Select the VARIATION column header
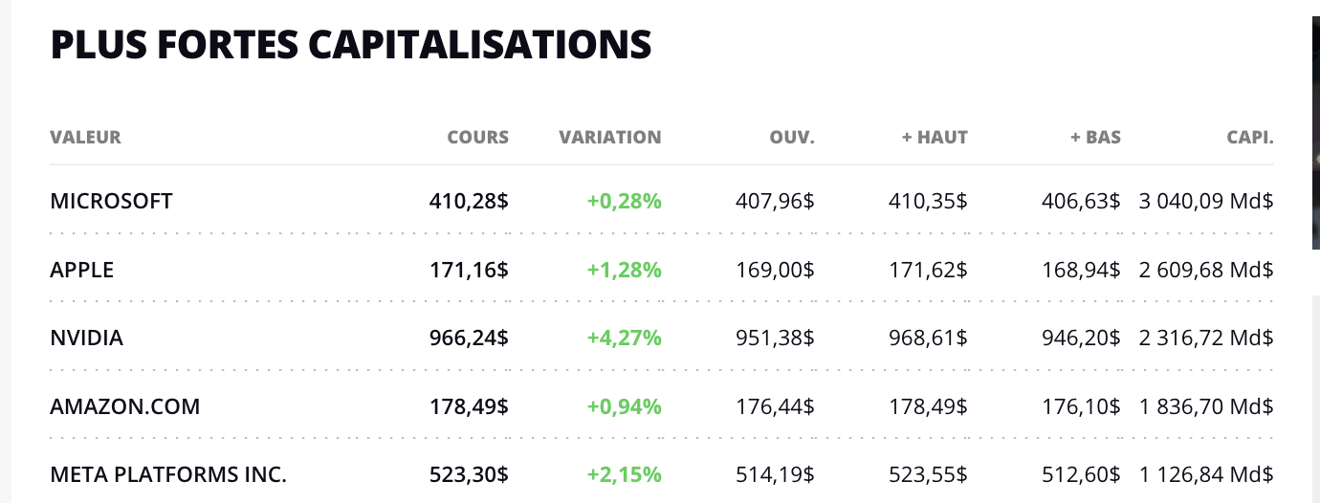609,137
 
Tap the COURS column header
477,137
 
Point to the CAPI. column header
1249,137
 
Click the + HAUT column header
935,137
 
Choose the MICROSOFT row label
111,201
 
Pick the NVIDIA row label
86,338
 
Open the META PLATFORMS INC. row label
168,474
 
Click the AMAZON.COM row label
125,406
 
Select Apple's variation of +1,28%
624,270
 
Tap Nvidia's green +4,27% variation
624,338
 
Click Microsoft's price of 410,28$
469,201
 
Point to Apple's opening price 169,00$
775,270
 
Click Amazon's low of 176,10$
1081,406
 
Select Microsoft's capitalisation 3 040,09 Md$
1206,201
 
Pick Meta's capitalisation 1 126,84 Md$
1206,474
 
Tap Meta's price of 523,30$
469,474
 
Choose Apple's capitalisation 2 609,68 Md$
1206,270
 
